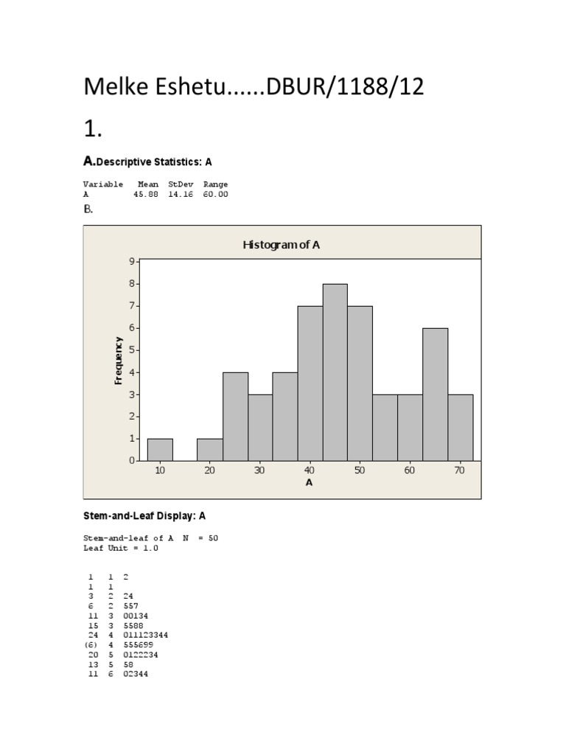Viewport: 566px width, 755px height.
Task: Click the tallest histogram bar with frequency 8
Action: tap(335, 372)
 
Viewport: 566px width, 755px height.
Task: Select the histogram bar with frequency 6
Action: tap(435, 394)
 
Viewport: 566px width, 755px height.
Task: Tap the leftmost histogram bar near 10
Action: tap(160, 449)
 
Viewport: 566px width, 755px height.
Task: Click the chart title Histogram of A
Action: tap(281, 246)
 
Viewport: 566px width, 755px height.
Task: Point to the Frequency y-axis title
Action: tap(118, 361)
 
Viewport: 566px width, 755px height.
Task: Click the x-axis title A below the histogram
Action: tap(309, 483)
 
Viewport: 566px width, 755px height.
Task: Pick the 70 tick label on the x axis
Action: tap(460, 470)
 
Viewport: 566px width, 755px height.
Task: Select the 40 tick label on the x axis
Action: tap(310, 470)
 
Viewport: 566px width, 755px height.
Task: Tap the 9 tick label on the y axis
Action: tap(133, 261)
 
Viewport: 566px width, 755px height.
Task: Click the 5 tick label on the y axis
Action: tap(133, 349)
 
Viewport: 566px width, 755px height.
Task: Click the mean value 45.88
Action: tap(146, 194)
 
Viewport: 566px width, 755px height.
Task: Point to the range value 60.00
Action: tap(215, 194)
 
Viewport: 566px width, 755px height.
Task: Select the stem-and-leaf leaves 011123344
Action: tap(146, 635)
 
